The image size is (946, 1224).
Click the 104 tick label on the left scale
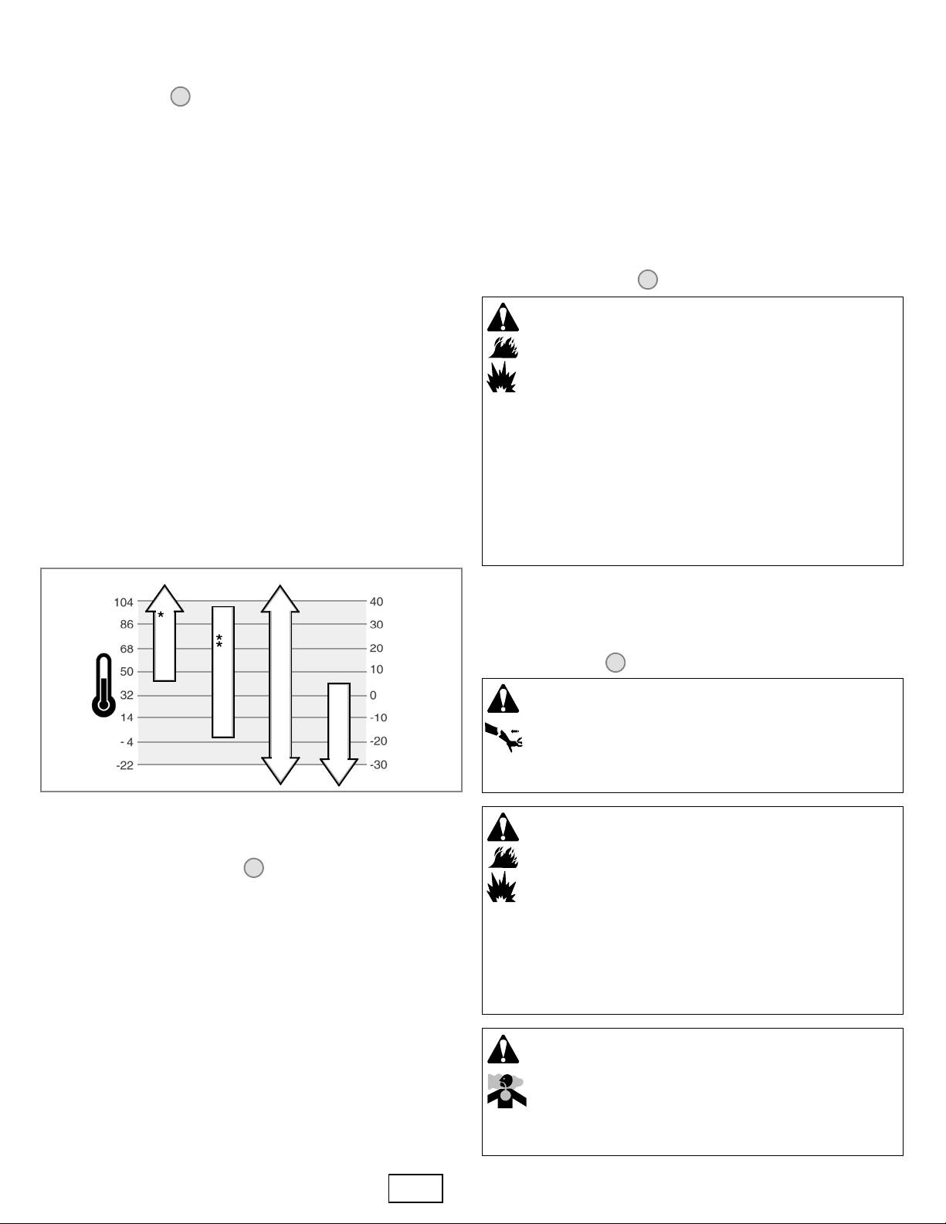(x=124, y=602)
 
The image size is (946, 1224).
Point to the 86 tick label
(x=126, y=624)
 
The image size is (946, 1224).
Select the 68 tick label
(x=126, y=649)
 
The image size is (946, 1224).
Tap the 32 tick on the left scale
(x=126, y=695)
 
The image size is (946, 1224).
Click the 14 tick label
(x=126, y=717)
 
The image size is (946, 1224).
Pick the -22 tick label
(x=124, y=765)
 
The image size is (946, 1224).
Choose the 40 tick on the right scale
(x=376, y=602)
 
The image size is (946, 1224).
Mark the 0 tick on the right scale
(x=373, y=695)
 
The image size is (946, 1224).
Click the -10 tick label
(x=378, y=717)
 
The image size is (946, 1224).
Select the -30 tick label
(x=378, y=765)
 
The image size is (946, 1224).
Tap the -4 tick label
(x=127, y=742)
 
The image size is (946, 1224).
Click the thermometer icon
(x=103, y=685)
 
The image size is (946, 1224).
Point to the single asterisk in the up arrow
(x=161, y=615)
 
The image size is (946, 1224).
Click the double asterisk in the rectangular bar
(x=219, y=641)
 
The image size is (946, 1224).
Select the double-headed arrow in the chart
(x=280, y=684)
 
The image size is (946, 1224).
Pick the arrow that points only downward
(x=339, y=732)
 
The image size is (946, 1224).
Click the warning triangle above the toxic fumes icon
(x=504, y=1049)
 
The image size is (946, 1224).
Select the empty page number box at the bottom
(x=415, y=1188)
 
